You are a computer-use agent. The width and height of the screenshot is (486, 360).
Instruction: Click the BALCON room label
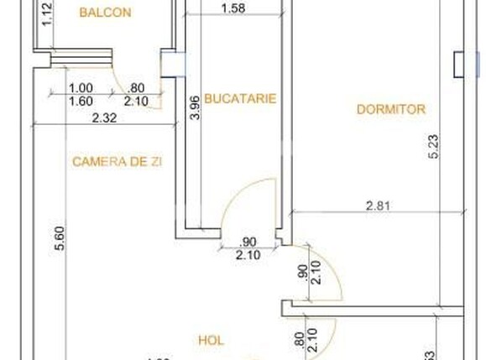105,13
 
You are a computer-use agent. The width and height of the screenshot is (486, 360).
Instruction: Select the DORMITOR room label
391,109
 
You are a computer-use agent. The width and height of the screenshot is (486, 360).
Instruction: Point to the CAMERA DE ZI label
116,160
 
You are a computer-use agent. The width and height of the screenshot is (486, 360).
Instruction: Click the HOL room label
210,340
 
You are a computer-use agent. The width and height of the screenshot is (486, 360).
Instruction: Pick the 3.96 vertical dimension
196,109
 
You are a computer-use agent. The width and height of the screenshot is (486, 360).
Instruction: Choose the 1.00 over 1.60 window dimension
81,93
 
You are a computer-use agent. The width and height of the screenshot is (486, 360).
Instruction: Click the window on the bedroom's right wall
457,64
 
